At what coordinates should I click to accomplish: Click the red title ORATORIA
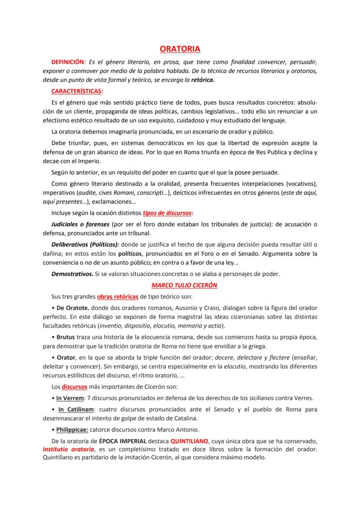tap(180, 49)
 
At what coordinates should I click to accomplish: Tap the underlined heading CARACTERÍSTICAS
tap(77, 91)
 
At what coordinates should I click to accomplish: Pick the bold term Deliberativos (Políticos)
tap(85, 244)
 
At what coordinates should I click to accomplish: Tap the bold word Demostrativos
tap(72, 274)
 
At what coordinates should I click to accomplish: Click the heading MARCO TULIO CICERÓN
tap(184, 285)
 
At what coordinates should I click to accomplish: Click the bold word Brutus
tap(66, 337)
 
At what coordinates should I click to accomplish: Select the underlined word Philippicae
tap(72, 430)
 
